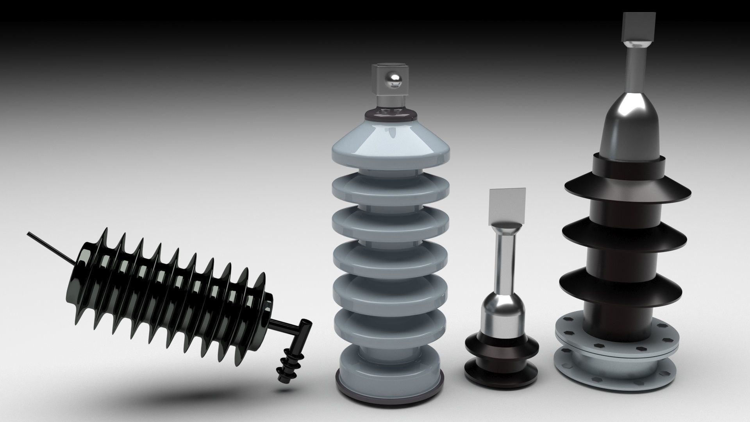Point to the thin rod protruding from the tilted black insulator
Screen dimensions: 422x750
coord(47,247)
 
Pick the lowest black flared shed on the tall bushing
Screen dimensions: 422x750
coord(621,287)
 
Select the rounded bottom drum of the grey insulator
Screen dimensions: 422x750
coord(389,373)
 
